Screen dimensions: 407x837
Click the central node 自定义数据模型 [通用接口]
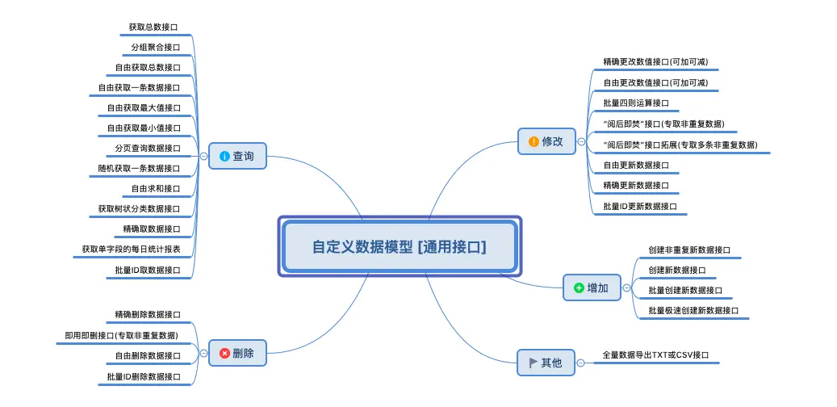pos(400,246)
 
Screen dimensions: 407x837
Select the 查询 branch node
pos(237,156)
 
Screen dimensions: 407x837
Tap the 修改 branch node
pos(546,141)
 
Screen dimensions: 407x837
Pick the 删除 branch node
pos(237,353)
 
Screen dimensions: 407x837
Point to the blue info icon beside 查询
pos(224,156)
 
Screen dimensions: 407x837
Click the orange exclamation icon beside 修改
pos(533,141)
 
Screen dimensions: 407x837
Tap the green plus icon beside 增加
pos(578,287)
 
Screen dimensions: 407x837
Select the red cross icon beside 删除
pos(224,353)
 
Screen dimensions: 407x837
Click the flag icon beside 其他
pos(533,363)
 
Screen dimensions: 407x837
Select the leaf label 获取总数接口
pos(155,27)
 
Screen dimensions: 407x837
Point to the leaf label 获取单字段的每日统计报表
pos(131,250)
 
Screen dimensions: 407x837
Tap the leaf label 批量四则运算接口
pos(636,103)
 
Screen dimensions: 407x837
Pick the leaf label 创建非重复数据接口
pos(689,250)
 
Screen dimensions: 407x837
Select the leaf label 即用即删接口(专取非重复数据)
pos(121,335)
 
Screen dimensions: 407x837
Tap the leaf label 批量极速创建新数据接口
pos(693,310)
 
